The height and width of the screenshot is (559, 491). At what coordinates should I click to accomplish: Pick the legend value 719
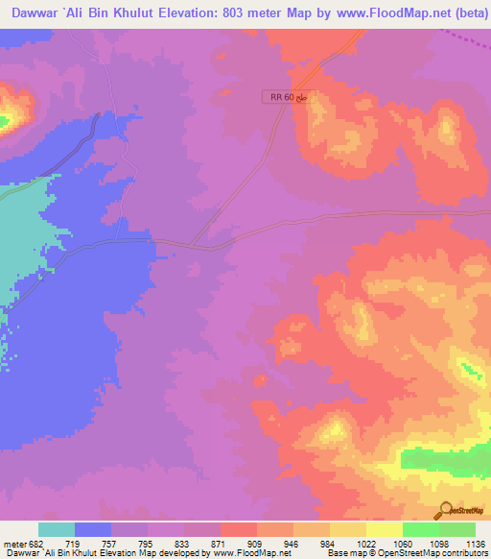click(x=76, y=543)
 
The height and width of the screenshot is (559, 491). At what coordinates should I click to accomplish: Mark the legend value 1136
click(x=474, y=543)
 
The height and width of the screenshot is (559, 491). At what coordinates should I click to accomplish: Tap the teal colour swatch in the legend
click(x=57, y=529)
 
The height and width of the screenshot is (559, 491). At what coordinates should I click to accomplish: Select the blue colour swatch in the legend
click(x=93, y=529)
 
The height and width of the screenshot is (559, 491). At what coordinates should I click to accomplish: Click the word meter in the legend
click(x=13, y=543)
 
